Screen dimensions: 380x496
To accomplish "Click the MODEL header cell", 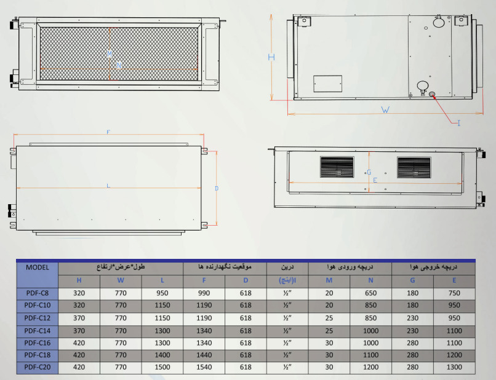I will [x=37, y=267].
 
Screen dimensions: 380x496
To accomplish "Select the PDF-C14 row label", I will [x=37, y=330].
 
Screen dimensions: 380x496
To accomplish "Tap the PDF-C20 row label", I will [x=37, y=368].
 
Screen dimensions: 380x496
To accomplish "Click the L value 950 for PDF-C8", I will [x=162, y=293].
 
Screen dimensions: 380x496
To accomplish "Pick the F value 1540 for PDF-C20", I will [x=204, y=368].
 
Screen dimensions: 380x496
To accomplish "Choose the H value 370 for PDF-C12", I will [x=79, y=318].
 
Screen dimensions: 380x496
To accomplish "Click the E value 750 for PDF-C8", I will [x=454, y=293].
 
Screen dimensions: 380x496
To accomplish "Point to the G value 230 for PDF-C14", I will [x=412, y=330].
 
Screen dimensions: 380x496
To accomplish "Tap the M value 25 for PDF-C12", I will [x=329, y=318].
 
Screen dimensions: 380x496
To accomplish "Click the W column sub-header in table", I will [x=120, y=280].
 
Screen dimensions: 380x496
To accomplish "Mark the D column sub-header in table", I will [x=246, y=280].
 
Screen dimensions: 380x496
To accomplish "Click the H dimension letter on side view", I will [x=271, y=57].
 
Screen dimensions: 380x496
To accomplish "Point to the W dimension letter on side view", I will [x=385, y=111].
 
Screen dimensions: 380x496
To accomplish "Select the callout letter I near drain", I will [x=458, y=124].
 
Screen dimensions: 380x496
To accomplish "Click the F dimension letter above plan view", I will [x=108, y=132].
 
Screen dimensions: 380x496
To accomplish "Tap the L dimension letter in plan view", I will [x=108, y=185].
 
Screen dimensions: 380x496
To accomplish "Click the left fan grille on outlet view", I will [x=337, y=167].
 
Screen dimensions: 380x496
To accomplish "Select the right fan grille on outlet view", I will [x=414, y=167].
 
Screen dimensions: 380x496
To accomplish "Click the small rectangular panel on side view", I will [x=327, y=84].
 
